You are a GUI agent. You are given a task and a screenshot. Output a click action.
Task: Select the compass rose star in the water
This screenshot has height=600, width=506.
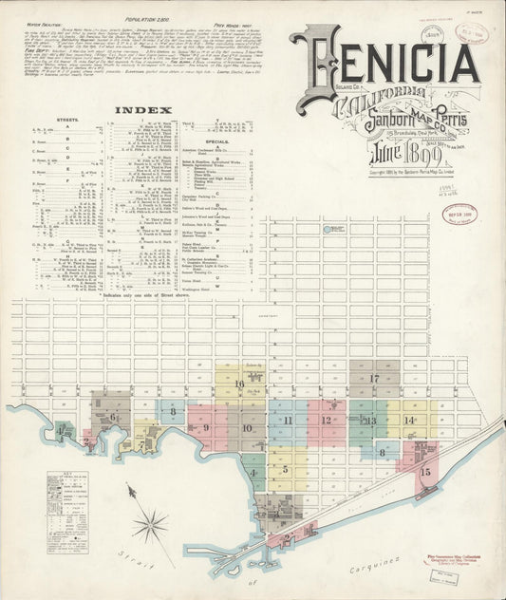coord(149,524)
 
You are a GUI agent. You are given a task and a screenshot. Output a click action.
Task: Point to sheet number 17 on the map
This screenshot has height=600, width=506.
coord(374,379)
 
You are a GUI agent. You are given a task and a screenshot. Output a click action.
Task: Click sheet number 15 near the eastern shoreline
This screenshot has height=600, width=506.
coord(424,472)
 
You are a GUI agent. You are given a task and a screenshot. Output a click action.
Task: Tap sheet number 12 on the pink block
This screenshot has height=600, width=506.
coord(326,420)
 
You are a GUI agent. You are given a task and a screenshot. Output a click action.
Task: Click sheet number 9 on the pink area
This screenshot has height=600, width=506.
coord(206,428)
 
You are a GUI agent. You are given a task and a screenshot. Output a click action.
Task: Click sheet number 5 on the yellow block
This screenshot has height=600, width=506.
coord(285,468)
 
